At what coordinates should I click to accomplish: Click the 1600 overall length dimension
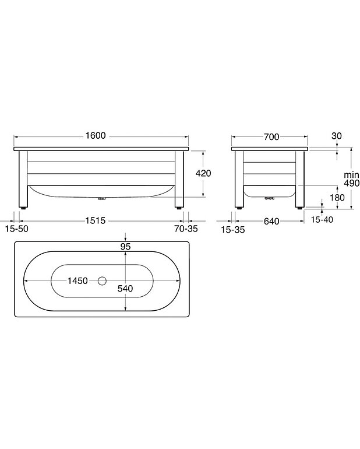(x=96, y=136)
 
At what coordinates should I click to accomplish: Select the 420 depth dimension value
(x=203, y=173)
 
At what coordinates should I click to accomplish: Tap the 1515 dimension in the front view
(x=96, y=221)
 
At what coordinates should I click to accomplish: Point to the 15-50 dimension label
(x=16, y=229)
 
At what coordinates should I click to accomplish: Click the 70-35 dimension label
(x=185, y=229)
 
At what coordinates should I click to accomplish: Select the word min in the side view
(x=351, y=174)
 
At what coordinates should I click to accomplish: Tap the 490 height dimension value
(x=351, y=183)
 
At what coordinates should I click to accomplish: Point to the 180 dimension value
(x=322, y=197)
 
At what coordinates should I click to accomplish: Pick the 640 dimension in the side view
(x=270, y=221)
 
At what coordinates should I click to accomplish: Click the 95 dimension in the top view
(x=126, y=246)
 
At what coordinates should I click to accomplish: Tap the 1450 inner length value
(x=77, y=280)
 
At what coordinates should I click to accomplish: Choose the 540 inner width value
(x=126, y=288)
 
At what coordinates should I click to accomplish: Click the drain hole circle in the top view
(x=103, y=281)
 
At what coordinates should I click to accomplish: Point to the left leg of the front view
(x=23, y=179)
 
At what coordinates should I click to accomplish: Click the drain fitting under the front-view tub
(x=102, y=198)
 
